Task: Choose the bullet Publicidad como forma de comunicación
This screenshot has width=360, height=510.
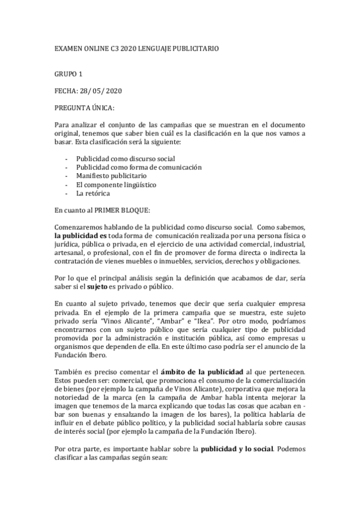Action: pos(138,167)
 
